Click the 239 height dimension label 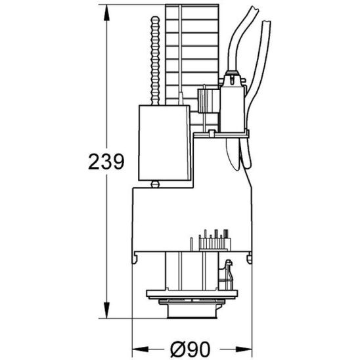point(106,162)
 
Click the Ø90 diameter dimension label point(191,349)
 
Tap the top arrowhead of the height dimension point(106,13)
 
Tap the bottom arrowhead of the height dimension point(106,310)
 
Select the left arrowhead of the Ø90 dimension point(141,349)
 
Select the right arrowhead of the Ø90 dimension point(244,349)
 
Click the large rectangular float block point(164,143)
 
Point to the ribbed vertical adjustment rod point(155,61)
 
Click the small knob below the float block point(155,184)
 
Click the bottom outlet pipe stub point(192,311)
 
